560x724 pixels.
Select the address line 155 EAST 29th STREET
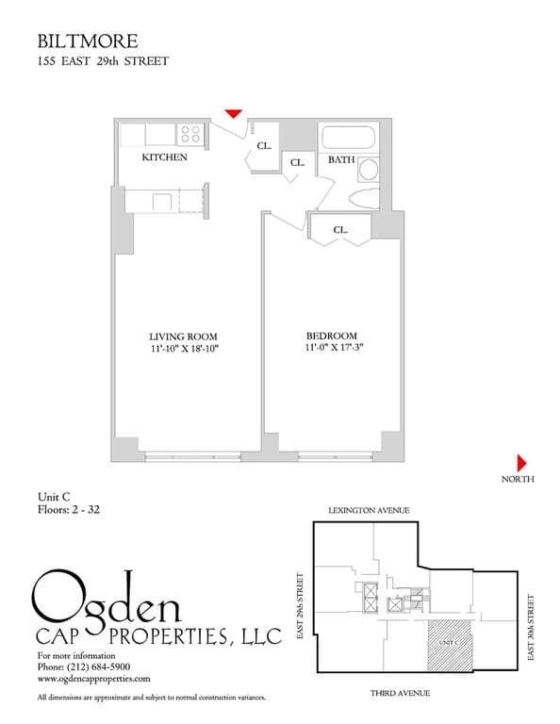coord(103,62)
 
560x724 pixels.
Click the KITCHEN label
coord(164,157)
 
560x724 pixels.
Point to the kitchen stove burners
coord(191,134)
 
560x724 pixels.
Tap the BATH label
coord(340,160)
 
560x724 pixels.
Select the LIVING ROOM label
coord(184,337)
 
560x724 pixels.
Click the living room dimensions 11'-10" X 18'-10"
coord(184,349)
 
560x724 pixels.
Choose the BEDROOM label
coord(331,337)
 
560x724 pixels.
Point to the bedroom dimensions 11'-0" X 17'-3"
coord(334,349)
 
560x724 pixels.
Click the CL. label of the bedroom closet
coord(340,229)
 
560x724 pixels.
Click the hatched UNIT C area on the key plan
coord(449,643)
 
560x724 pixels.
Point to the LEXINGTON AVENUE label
coord(369,510)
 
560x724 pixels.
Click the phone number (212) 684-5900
coord(97,666)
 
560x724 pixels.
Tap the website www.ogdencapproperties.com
coord(93,678)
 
